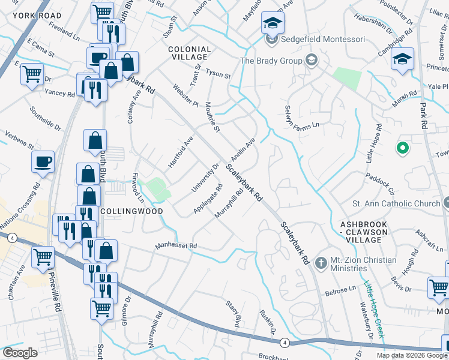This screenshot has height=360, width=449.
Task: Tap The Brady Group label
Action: pos(271,61)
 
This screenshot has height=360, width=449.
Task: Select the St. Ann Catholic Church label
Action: pos(396,204)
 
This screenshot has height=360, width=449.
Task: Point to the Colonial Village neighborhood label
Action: pos(189,53)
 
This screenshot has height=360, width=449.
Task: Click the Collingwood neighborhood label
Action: pos(123,212)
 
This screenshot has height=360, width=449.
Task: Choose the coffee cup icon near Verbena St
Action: pos(43,162)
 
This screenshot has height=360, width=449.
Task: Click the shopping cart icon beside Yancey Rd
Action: pos(32,75)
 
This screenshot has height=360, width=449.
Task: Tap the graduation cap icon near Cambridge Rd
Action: pos(402,59)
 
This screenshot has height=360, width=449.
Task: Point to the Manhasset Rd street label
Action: pos(176,246)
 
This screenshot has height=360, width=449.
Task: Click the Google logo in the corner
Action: pos(20,353)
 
